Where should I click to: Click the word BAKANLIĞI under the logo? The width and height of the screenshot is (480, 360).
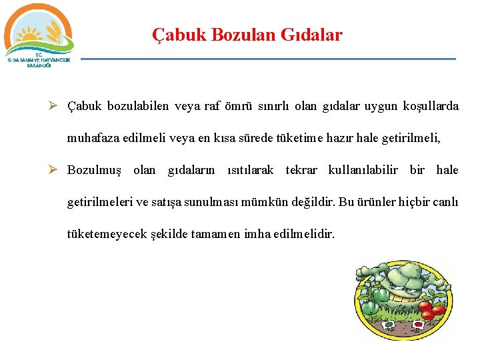pos(39,66)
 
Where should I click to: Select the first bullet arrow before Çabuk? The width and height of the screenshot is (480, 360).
pos(57,106)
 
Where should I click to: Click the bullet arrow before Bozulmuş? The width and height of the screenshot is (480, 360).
pos(57,170)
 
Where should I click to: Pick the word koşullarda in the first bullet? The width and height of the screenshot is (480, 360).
pos(431,106)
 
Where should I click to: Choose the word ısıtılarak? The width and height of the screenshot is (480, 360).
pos(251,170)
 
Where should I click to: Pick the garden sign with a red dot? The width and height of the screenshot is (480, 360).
pos(419,325)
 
